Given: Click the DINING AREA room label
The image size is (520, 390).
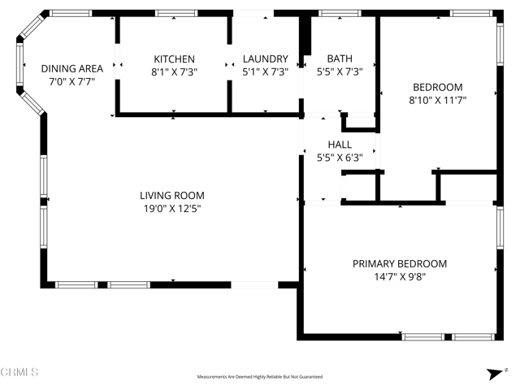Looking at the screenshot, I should [72, 69].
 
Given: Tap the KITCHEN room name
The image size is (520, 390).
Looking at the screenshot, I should [175, 59].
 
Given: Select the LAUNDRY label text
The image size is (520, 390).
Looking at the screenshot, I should [266, 59].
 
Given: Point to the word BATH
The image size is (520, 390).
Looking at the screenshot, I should [339, 58].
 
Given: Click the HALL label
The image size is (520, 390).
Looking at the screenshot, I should [339, 145].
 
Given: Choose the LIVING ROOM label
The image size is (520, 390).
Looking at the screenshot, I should [171, 196].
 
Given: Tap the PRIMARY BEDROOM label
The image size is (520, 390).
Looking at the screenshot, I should [399, 264].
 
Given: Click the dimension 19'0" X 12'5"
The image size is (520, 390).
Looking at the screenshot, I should [171, 209].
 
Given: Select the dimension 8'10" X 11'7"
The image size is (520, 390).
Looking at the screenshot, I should [437, 100].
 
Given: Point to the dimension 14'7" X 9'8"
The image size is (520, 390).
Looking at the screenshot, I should [399, 277].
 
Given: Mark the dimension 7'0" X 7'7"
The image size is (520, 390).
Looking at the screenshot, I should [72, 82].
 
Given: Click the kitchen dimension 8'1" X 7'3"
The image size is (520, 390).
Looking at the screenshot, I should [175, 71].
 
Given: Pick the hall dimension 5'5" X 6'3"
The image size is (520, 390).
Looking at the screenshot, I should [339, 158].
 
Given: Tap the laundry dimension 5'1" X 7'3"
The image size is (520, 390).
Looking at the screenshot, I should [266, 71].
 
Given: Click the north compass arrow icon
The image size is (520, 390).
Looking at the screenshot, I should [492, 374].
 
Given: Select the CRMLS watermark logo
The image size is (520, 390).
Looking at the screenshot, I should [19, 373].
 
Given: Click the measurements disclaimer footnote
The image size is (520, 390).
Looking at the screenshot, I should [259, 377].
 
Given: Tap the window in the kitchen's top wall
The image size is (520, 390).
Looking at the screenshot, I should [176, 14].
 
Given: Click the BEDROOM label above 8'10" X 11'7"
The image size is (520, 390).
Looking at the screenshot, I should [437, 88].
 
